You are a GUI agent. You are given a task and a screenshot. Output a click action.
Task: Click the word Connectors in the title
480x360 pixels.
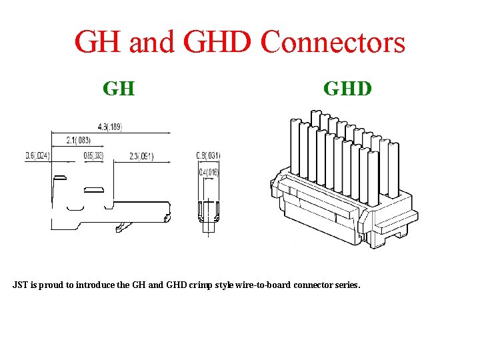point(333,43)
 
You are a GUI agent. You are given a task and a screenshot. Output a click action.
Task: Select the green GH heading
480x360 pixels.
point(119,88)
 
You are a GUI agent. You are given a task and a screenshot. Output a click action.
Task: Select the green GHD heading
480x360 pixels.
point(347,88)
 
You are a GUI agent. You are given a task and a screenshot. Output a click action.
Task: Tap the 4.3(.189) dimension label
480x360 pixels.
point(110,127)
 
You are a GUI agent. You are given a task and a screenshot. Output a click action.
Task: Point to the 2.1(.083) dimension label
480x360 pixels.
point(79,140)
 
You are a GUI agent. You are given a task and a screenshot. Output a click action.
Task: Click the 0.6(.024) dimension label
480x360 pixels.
point(38,156)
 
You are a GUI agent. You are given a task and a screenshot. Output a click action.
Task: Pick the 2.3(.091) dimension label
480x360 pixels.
point(141,157)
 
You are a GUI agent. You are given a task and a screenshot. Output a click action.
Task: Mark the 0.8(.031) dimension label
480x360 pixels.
point(208,156)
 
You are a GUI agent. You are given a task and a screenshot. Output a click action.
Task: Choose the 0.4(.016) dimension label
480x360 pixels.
point(209,173)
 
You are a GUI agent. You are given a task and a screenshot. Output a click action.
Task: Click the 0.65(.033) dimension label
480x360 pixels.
point(93,156)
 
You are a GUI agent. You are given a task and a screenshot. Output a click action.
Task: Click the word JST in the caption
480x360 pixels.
point(20,285)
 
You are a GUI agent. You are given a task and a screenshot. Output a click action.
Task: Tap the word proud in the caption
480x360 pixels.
point(53,285)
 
